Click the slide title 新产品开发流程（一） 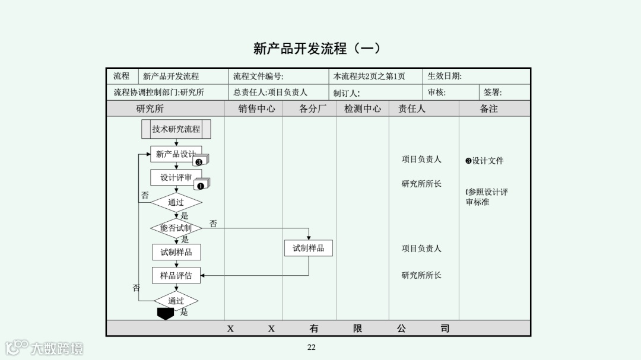click(316, 49)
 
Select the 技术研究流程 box click(176, 129)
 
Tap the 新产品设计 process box click(176, 154)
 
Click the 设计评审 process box click(176, 177)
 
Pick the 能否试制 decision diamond click(176, 228)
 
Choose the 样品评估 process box click(176, 275)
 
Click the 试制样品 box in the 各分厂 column click(308, 248)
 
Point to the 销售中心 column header click(256, 109)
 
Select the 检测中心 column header click(362, 109)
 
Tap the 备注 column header click(488, 109)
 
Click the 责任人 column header click(411, 109)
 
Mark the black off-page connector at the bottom click(166, 314)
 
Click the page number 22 click(312, 348)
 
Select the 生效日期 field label click(445, 76)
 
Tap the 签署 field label click(493, 93)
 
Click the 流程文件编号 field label click(258, 76)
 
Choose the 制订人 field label click(347, 93)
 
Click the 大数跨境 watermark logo click(45, 347)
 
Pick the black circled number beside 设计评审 click(200, 186)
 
